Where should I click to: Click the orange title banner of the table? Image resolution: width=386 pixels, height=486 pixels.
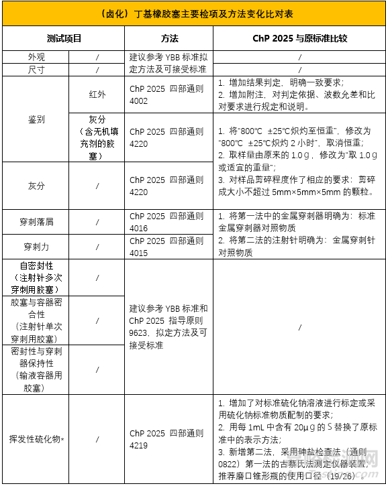point(193,13)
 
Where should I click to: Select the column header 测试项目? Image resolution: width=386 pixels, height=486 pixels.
point(64,39)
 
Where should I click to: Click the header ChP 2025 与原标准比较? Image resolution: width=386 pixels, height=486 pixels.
point(299,39)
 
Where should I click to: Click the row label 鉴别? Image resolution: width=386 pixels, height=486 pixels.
point(36,119)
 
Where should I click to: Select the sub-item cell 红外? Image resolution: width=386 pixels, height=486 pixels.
point(97,95)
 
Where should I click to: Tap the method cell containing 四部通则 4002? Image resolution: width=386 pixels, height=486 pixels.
point(166,95)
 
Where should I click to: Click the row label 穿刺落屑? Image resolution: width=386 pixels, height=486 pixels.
point(36,221)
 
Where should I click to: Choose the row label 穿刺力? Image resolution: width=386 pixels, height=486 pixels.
point(36,246)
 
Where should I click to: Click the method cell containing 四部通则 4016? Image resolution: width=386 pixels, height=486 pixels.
point(166,222)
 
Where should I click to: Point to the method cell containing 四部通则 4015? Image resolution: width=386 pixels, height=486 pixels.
point(166,246)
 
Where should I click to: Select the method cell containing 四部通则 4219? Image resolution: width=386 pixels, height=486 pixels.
point(166,438)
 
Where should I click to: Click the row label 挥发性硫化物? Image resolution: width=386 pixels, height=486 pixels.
point(36,438)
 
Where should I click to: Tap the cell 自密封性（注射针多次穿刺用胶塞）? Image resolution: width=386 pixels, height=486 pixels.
point(36,278)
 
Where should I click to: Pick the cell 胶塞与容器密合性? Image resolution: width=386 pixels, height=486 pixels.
point(36,320)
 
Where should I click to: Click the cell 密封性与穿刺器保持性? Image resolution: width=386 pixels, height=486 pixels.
point(36,369)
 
